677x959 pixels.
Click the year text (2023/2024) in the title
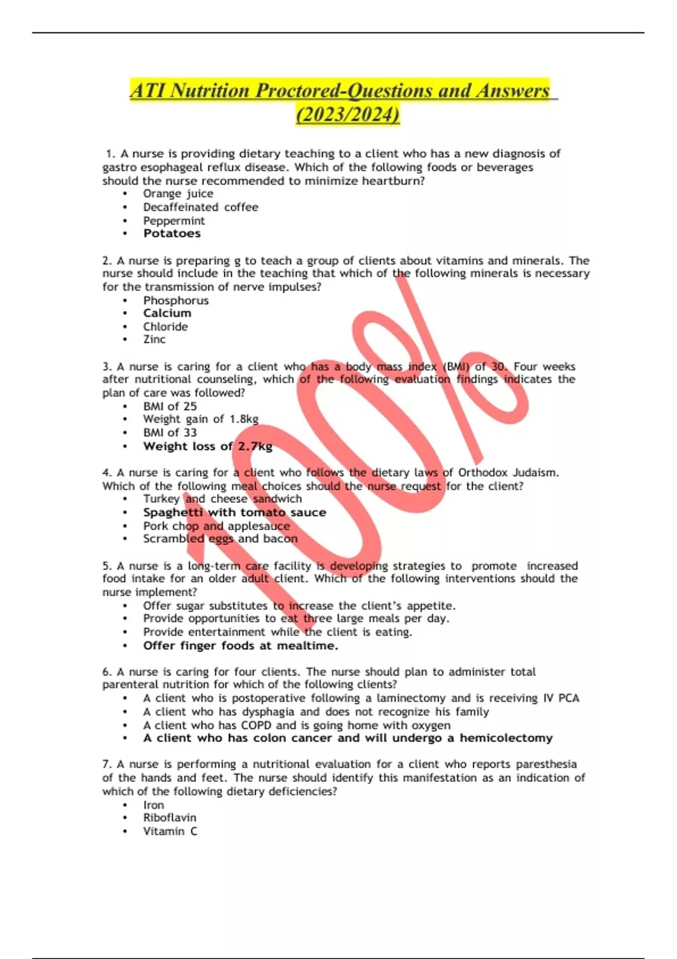click(x=348, y=115)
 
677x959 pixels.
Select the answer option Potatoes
click(x=172, y=234)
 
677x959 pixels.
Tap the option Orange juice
click(x=178, y=193)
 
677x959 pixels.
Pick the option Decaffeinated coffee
click(x=200, y=207)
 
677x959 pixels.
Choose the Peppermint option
click(x=174, y=221)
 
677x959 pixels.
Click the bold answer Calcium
click(x=167, y=313)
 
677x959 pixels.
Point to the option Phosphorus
click(x=175, y=300)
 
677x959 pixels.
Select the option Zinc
click(x=154, y=340)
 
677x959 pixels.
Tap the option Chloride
click(x=165, y=327)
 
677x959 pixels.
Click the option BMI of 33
click(x=170, y=433)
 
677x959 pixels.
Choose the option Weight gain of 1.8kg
click(x=200, y=419)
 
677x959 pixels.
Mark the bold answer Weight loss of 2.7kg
click(x=208, y=446)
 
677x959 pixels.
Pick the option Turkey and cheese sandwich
click(x=222, y=499)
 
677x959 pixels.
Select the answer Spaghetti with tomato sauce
click(x=234, y=512)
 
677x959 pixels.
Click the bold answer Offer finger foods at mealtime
click(x=240, y=646)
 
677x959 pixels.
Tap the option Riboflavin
click(x=169, y=817)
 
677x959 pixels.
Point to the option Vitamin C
click(x=170, y=831)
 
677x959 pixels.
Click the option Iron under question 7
click(x=153, y=805)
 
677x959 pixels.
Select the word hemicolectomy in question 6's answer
click(x=505, y=738)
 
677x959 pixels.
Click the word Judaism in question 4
click(x=534, y=473)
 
